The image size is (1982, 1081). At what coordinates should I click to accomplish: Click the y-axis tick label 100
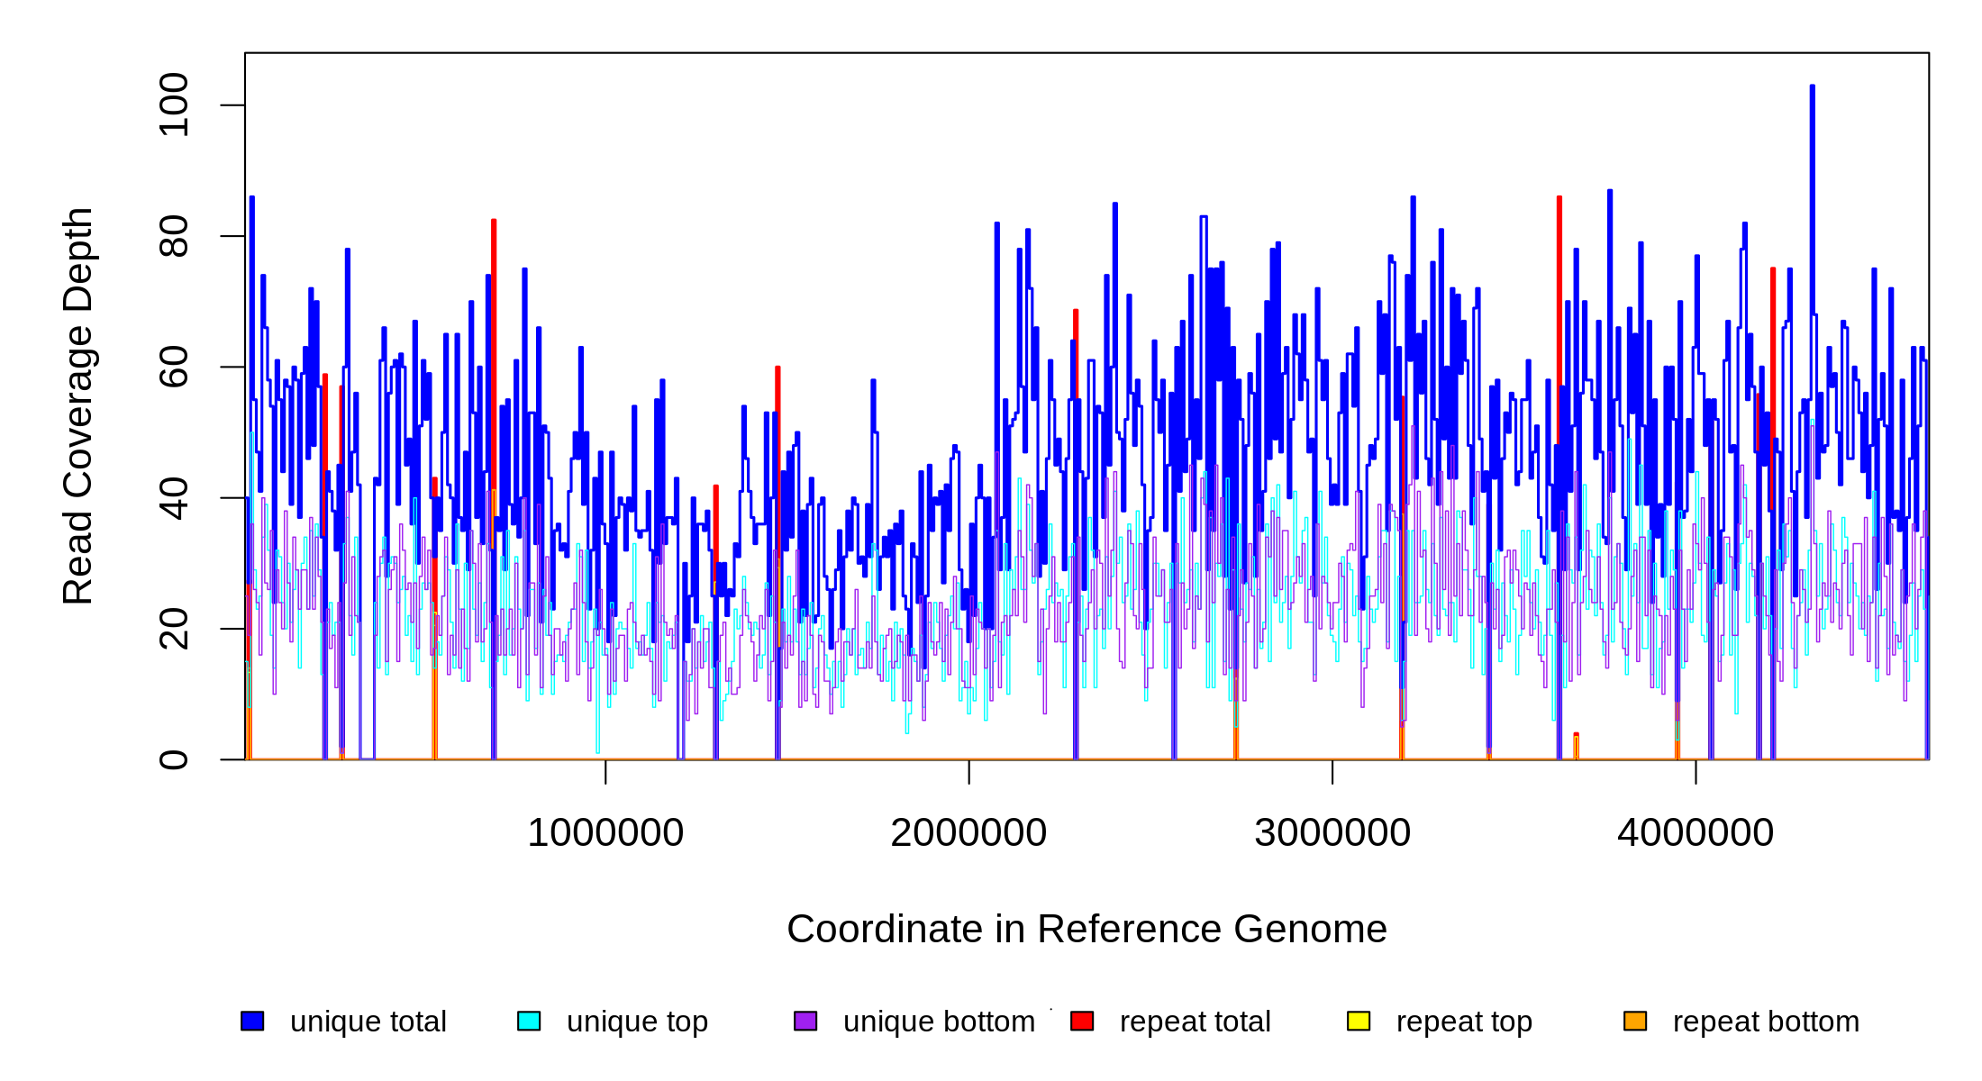173,105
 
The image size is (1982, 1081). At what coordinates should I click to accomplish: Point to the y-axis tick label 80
173,236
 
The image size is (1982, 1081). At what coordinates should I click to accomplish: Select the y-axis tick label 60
173,367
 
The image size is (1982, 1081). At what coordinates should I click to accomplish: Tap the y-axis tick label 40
173,498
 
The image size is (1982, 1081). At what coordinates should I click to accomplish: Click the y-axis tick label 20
173,629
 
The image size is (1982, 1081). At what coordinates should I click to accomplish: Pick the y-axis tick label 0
173,759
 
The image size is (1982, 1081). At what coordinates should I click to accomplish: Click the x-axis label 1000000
605,833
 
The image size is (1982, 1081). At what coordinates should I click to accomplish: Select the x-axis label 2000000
968,833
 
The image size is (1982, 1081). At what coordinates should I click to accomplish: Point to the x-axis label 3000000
1332,833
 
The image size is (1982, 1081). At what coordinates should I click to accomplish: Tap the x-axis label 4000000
1696,833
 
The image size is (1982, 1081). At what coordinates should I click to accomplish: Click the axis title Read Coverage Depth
78,405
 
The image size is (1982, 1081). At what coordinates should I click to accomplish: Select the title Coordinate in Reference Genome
1086,930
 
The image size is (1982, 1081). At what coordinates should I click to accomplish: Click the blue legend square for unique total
252,1021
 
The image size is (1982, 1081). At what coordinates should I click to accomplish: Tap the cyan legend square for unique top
529,1021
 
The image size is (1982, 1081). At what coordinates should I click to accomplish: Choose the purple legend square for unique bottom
805,1021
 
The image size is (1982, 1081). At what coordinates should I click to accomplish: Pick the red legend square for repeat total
1082,1021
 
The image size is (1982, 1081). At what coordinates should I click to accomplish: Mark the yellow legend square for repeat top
1359,1021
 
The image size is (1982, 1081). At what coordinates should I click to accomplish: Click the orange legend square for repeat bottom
1635,1021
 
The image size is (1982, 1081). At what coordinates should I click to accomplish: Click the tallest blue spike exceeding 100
1812,90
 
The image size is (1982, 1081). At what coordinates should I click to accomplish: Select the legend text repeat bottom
1766,1022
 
